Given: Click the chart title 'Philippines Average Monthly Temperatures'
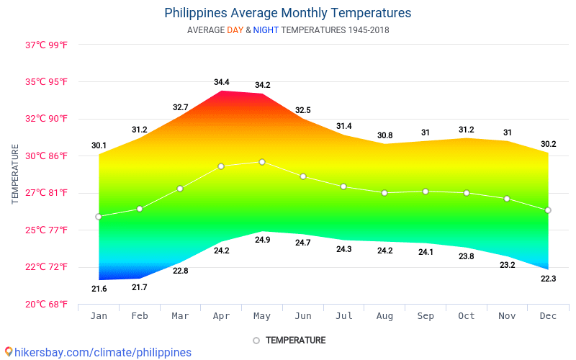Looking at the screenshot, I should click(288, 13).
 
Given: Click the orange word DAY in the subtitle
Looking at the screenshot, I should click(235, 30).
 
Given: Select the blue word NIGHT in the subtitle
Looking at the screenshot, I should click(266, 30).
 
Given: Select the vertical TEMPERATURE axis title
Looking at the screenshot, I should click(15, 174).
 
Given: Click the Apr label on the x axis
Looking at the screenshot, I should click(221, 316).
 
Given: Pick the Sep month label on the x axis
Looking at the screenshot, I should click(426, 316).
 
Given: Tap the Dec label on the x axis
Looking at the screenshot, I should click(548, 316).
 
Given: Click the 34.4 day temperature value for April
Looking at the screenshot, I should click(221, 82).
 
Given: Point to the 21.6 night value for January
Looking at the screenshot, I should click(99, 289).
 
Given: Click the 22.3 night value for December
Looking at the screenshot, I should click(548, 278).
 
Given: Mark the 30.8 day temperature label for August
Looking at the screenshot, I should click(384, 135).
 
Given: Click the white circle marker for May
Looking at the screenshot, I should click(262, 162).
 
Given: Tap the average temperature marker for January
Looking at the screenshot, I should click(99, 216).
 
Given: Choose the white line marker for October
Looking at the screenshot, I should click(467, 193).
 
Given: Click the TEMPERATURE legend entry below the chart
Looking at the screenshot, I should click(289, 340).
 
